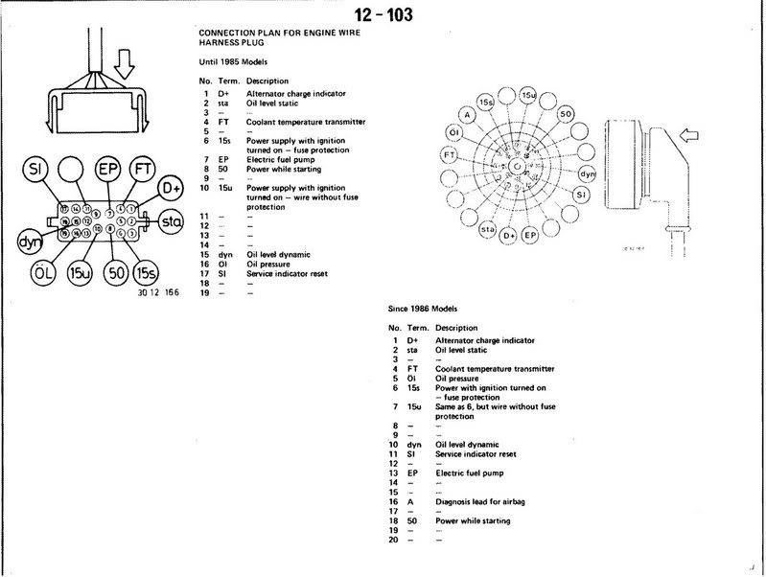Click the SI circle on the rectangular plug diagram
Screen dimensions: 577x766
35,171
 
